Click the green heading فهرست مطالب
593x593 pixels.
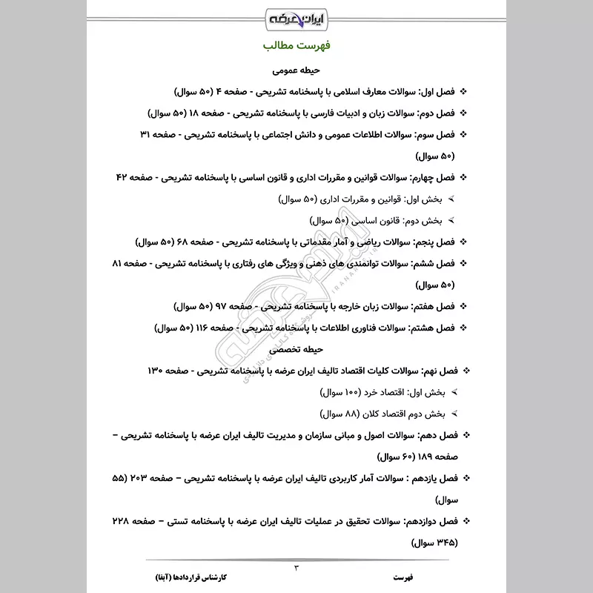tap(296, 46)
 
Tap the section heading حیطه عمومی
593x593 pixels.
tap(296, 71)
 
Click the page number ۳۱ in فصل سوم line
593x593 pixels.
tap(146, 136)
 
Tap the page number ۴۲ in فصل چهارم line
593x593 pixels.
tap(122, 179)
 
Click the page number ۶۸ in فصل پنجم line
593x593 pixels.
tap(182, 242)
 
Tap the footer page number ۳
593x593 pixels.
tap(296, 569)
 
